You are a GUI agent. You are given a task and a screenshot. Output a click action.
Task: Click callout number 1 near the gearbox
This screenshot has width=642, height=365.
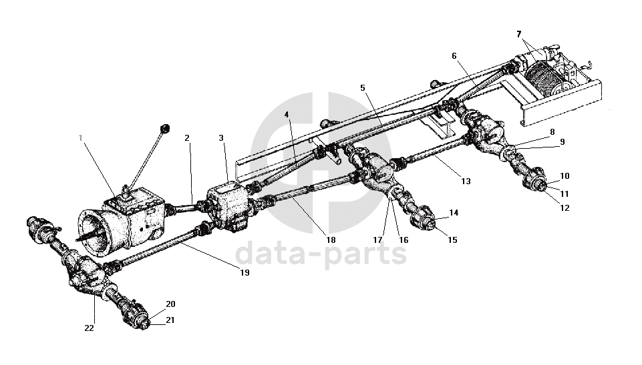point(80,138)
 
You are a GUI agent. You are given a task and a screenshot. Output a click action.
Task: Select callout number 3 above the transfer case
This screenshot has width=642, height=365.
point(221,138)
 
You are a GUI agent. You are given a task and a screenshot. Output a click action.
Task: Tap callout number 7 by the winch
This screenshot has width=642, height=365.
point(518,33)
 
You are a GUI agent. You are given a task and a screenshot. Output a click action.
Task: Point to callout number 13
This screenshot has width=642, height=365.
point(466,181)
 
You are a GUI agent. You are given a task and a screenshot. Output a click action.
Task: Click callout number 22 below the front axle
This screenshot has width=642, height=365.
point(90,327)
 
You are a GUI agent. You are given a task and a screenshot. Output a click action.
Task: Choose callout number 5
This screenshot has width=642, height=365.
point(363,87)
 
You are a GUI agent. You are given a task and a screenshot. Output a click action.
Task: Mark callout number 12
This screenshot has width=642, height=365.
point(565,208)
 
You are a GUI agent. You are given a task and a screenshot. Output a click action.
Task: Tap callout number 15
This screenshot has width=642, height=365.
point(453,240)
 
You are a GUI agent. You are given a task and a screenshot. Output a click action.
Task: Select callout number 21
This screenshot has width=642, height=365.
point(170,320)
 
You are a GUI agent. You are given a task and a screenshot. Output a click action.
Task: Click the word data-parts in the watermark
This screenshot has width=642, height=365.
point(321,254)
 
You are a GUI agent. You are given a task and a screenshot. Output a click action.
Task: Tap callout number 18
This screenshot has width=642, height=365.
point(331,240)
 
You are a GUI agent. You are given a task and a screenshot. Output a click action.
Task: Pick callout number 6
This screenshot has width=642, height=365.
point(454,56)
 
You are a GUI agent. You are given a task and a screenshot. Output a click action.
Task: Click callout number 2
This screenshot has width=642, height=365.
point(187,138)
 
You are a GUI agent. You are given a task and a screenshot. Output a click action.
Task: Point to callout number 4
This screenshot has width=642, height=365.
point(287,114)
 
